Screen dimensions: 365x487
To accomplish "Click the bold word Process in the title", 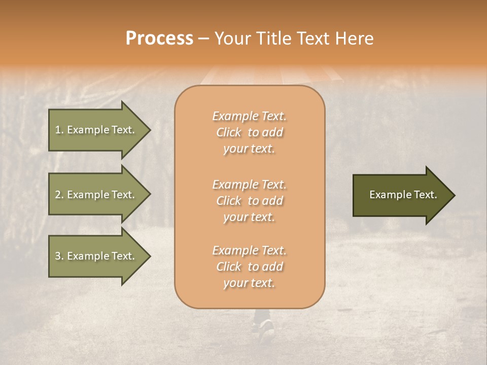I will click(159, 39).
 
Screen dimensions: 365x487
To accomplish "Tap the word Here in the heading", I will click(354, 39).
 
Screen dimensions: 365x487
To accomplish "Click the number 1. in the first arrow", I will click(59, 130).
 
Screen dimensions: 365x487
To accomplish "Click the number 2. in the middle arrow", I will click(59, 195).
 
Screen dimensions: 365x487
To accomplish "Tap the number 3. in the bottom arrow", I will click(59, 256).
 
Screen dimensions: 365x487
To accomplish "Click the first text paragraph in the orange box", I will click(249, 132).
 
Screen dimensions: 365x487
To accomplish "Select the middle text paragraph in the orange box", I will click(249, 200).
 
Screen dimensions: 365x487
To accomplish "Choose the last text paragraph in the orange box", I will click(249, 267).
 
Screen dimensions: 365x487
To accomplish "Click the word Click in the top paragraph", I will click(229, 132).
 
